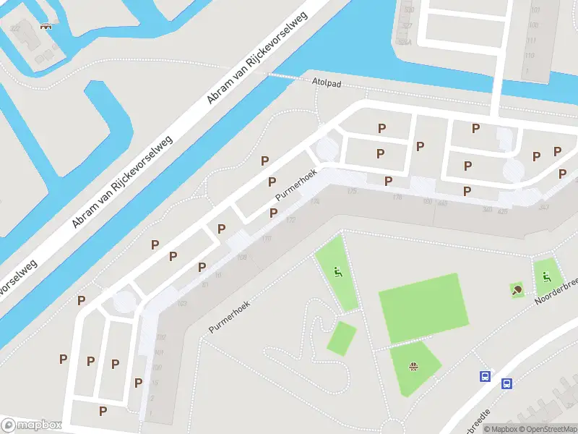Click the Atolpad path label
327,82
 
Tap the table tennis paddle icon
517,290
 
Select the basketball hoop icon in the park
414,366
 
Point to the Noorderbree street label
556,292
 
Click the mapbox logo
31,425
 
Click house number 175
352,191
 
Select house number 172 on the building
291,219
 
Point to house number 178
397,197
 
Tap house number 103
182,303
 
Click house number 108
242,257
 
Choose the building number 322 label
15,28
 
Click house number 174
314,201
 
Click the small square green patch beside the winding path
342,338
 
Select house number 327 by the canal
407,25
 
